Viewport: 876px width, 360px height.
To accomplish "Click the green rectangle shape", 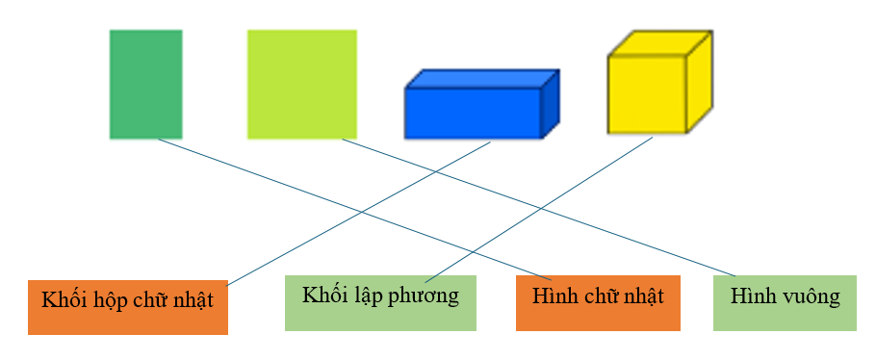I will tap(145, 84).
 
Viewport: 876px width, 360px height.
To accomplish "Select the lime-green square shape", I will tap(301, 84).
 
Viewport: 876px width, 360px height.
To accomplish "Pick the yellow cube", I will tap(647, 93).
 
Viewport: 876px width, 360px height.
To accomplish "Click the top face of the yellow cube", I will tap(660, 43).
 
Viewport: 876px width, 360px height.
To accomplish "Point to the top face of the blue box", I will tap(482, 78).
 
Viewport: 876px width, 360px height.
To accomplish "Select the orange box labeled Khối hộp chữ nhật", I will tap(127, 307).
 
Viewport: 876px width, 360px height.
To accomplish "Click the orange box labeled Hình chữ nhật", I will tap(598, 302).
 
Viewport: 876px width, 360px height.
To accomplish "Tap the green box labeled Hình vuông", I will tap(785, 302).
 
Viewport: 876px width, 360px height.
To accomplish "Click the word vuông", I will tap(813, 296).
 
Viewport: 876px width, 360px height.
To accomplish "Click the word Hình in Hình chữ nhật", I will tap(553, 295).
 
